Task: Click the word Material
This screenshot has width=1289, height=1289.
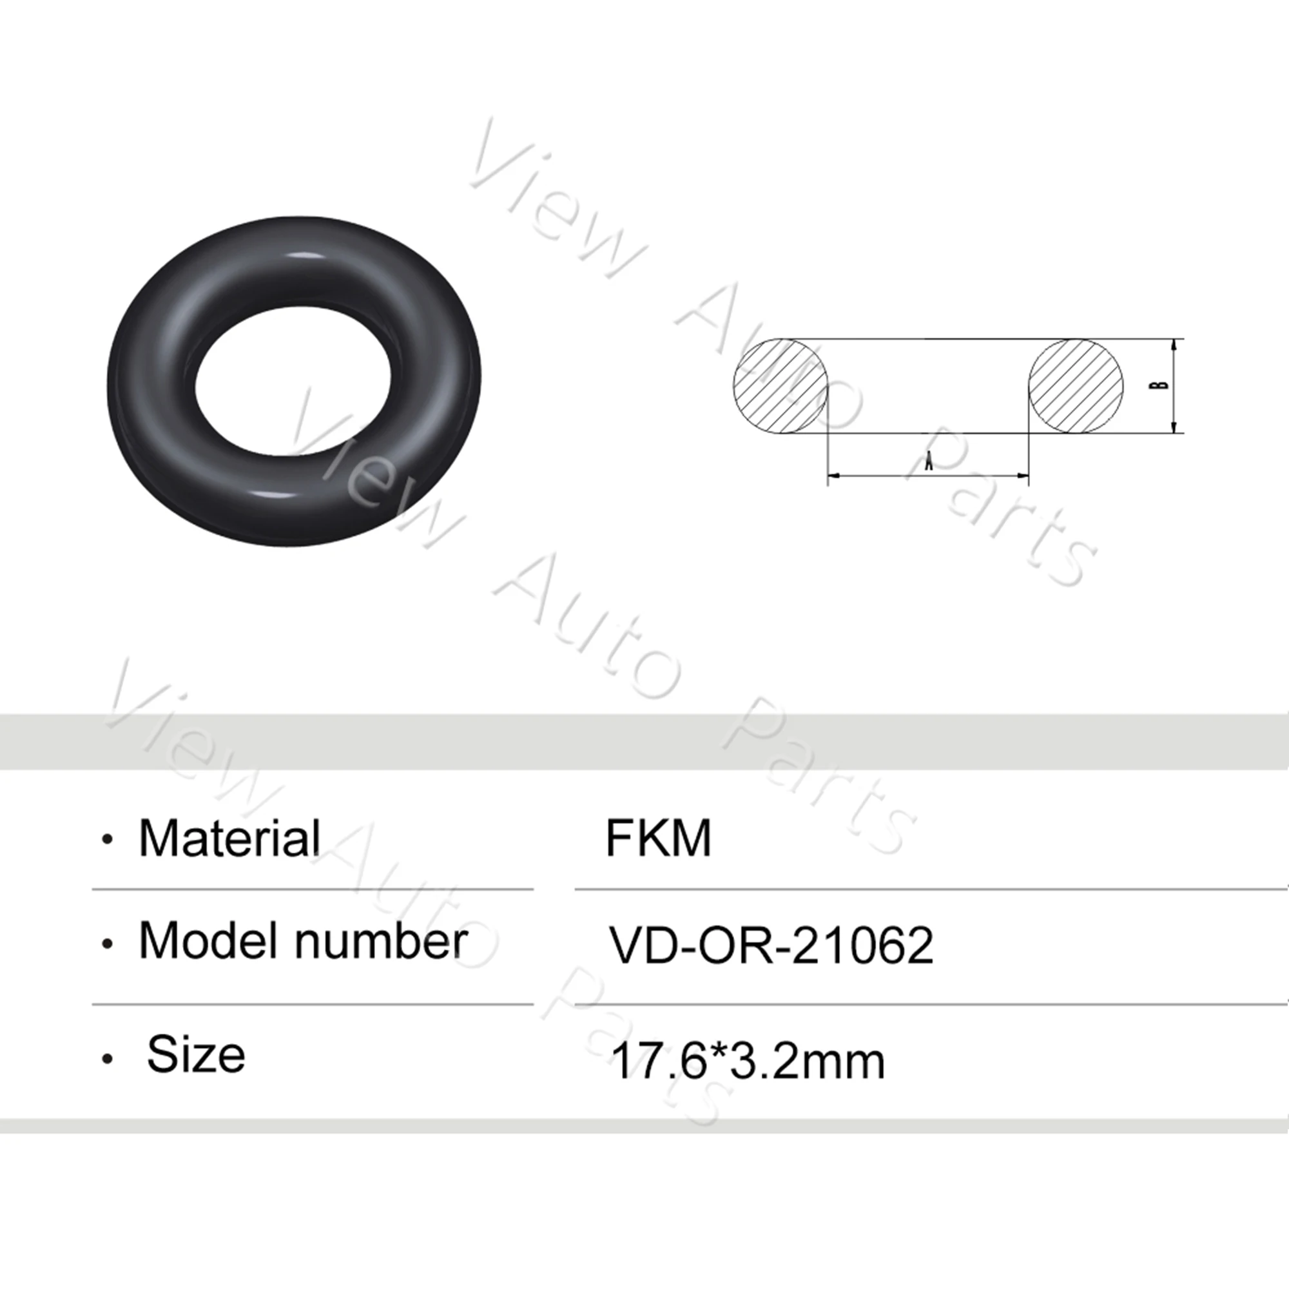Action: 229,838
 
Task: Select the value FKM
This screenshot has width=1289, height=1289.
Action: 658,838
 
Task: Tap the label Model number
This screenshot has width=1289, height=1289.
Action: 302,942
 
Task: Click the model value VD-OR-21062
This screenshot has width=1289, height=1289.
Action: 771,945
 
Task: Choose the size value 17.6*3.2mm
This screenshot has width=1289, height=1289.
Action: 747,1061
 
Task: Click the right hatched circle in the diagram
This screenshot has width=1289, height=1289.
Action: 1076,385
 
